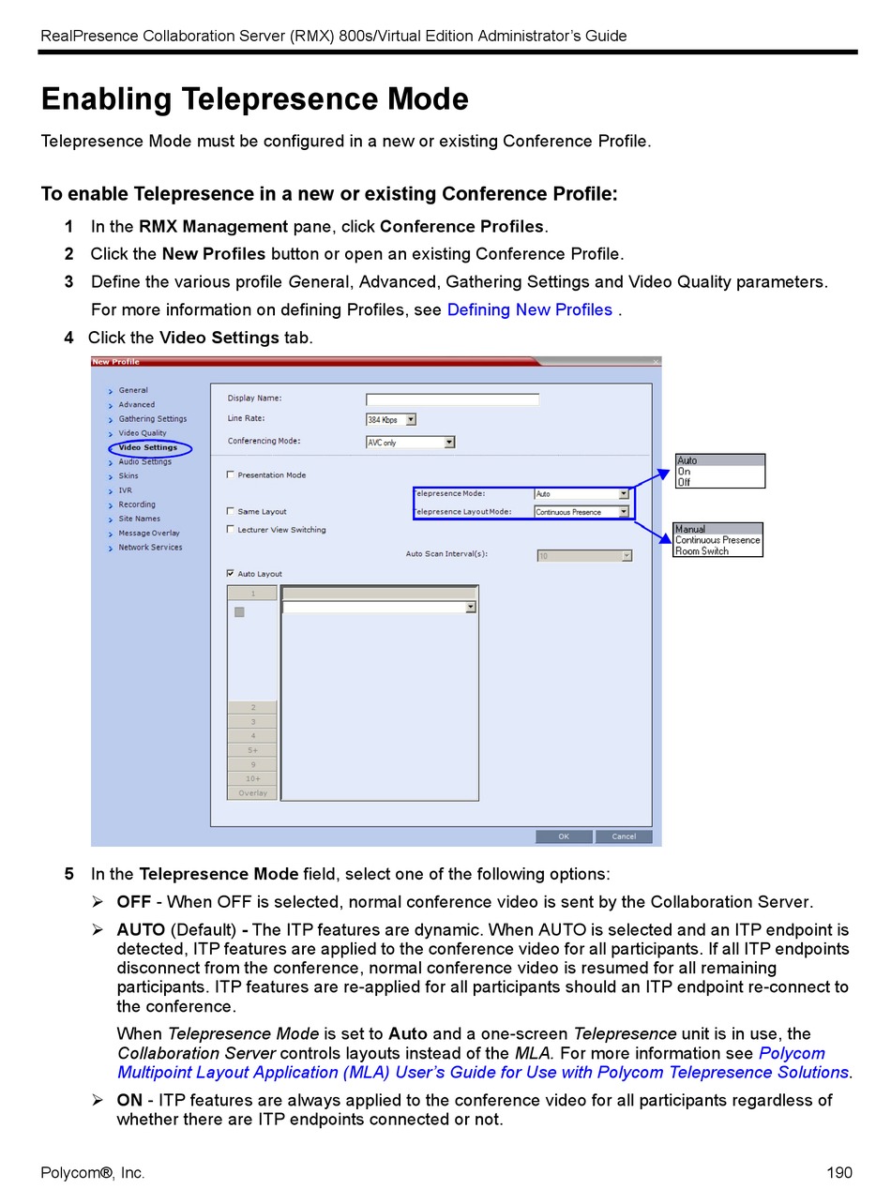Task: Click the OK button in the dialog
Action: click(x=563, y=836)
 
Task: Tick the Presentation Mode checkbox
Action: click(x=231, y=474)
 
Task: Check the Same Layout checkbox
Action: click(x=231, y=511)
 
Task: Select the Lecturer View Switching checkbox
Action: click(x=231, y=529)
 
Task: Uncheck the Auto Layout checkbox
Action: click(x=231, y=573)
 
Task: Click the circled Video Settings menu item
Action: click(x=148, y=447)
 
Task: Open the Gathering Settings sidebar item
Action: click(x=152, y=419)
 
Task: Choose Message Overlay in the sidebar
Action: click(x=148, y=533)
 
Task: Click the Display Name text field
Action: click(x=452, y=399)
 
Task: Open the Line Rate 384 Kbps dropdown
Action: click(x=411, y=420)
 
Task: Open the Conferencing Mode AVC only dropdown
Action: click(x=449, y=443)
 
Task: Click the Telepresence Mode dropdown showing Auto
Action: click(x=623, y=494)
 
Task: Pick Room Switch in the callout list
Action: click(x=702, y=551)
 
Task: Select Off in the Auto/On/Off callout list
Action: click(x=684, y=482)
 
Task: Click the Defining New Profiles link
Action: click(x=529, y=309)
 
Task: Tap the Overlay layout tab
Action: click(x=252, y=793)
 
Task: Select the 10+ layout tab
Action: click(x=252, y=779)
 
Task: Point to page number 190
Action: click(x=839, y=1173)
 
